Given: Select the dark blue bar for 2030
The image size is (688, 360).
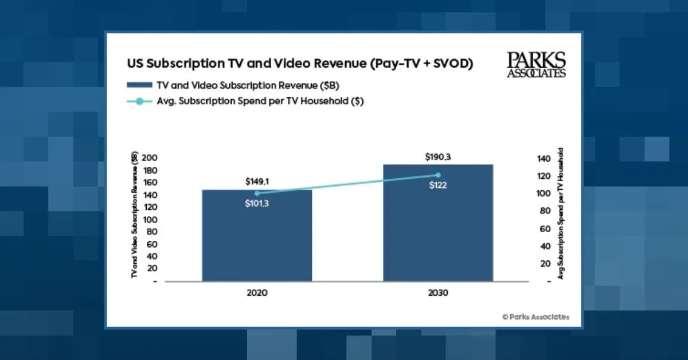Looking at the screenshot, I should tap(438, 229).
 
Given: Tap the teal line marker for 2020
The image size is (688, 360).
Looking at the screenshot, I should tap(257, 193).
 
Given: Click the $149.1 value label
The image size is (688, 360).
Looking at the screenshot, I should tap(257, 182).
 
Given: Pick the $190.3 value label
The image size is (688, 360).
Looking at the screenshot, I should tap(438, 156).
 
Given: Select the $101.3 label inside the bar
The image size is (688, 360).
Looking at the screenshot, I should tap(257, 204).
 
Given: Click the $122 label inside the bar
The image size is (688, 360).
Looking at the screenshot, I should tap(438, 185).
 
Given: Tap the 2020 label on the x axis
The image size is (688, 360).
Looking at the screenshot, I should tap(257, 292).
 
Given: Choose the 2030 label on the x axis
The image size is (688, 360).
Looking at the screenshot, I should tap(438, 292).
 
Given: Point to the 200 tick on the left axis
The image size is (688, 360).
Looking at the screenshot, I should tap(150, 158).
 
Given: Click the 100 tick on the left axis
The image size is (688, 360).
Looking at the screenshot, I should tap(150, 220).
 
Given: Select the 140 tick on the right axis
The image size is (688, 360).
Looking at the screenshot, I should tap(544, 159).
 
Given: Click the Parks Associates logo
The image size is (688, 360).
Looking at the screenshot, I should tap(536, 64).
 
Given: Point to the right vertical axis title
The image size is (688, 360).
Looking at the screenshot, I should tap(561, 213).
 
